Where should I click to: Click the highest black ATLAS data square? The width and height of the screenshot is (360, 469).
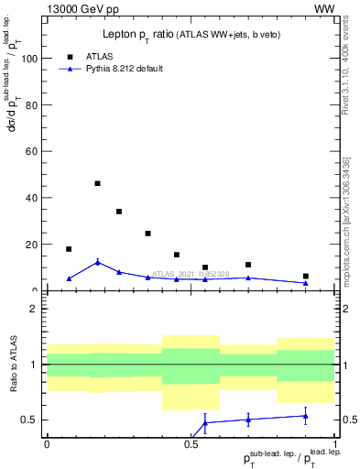point(98,183)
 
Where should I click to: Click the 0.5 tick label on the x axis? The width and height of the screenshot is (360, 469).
point(191,442)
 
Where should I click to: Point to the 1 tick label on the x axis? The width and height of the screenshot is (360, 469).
point(335,442)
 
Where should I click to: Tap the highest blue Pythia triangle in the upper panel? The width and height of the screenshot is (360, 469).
point(98,263)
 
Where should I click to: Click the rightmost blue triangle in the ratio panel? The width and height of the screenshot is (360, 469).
point(306,416)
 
